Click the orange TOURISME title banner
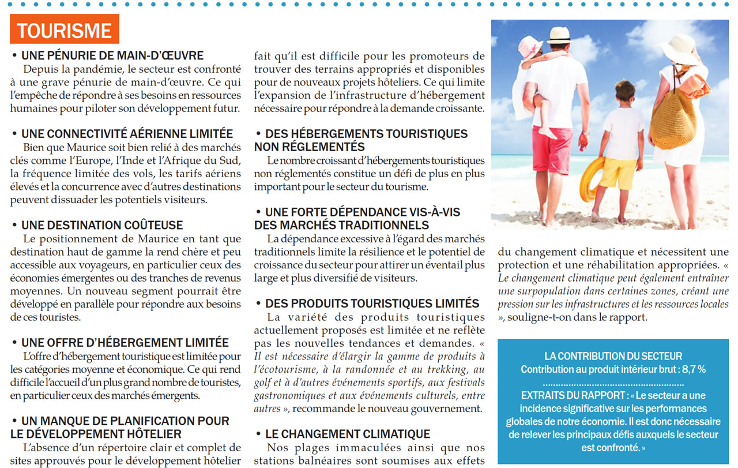click(65, 30)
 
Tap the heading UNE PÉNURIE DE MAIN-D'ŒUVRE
click(112, 56)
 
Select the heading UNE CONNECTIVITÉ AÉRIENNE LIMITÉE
click(127, 134)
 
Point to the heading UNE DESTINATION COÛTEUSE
click(101, 225)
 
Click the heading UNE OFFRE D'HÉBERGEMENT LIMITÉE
click(125, 343)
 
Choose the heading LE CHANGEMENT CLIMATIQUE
click(347, 434)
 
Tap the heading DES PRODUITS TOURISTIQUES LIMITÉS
click(372, 304)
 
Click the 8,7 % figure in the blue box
click(694, 369)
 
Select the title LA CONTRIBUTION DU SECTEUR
click(613, 356)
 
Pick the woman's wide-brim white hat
click(680, 48)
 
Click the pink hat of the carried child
click(529, 46)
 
